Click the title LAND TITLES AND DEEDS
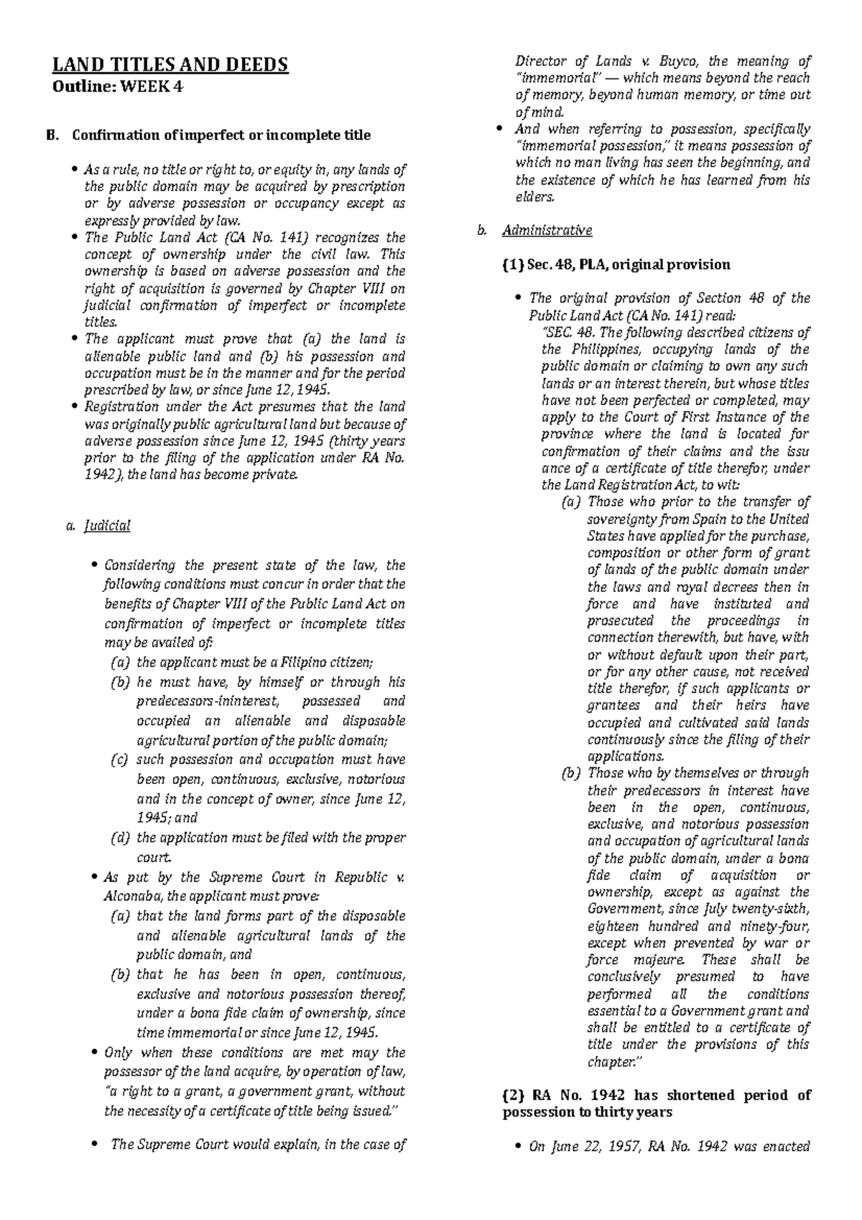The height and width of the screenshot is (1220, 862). [170, 65]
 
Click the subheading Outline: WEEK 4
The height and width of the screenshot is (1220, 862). [117, 88]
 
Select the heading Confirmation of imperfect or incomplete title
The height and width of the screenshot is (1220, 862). [220, 135]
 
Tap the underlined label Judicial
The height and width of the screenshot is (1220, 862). [107, 526]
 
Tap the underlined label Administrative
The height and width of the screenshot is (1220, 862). [547, 231]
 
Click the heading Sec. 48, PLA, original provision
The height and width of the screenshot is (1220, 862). [616, 264]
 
